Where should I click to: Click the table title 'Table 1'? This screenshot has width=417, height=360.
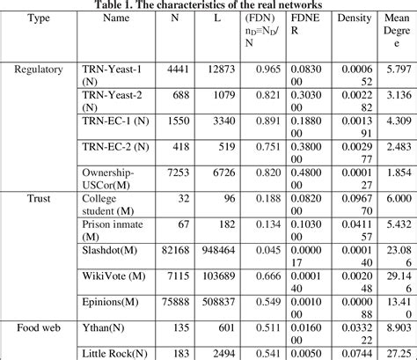(x=208, y=4)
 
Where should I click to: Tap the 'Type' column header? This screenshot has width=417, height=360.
(x=35, y=17)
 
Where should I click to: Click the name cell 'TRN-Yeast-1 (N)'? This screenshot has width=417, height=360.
(x=113, y=74)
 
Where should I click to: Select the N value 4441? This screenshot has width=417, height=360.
(x=178, y=68)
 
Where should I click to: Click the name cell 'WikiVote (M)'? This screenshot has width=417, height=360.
(x=113, y=276)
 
